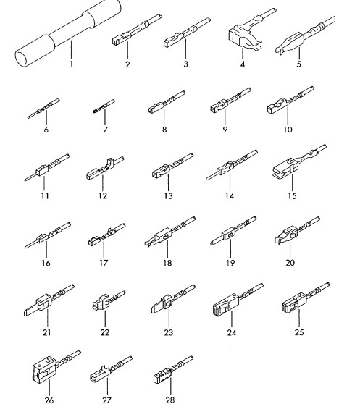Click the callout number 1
tap(71, 64)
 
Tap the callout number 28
tap(170, 400)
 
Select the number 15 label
tap(292, 196)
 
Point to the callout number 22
tap(105, 332)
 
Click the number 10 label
tap(288, 130)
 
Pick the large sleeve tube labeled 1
tap(68, 33)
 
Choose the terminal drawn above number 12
tap(104, 169)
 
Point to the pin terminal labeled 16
tap(47, 235)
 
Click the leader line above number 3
tap(185, 49)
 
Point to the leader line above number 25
tap(299, 319)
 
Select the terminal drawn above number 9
tap(230, 101)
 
